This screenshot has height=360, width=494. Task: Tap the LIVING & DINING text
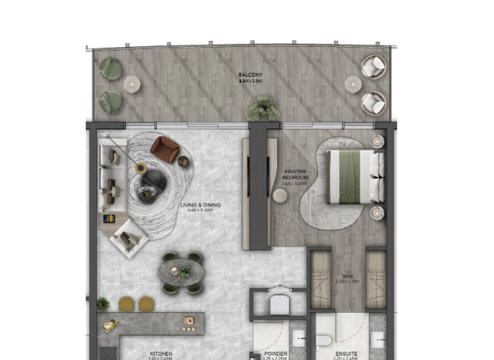coord(200,205)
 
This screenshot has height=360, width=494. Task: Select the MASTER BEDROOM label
coord(296,175)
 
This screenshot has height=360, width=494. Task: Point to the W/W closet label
coord(348,277)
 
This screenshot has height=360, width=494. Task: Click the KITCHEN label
coord(161,353)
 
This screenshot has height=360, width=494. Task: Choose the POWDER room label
coord(276,353)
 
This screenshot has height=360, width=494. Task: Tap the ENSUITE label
coord(347,353)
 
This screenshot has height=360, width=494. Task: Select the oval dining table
coord(181,273)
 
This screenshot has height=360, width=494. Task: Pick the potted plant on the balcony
coord(262,109)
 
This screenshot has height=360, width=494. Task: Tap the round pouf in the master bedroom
coord(280,195)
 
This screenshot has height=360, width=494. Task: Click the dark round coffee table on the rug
coord(153,182)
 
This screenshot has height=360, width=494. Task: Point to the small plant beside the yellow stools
coord(102,303)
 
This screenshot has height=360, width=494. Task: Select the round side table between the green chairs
coord(132,84)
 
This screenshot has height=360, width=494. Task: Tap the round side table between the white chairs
coord(352,84)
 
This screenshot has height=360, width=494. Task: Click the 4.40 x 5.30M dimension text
coord(200,211)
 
